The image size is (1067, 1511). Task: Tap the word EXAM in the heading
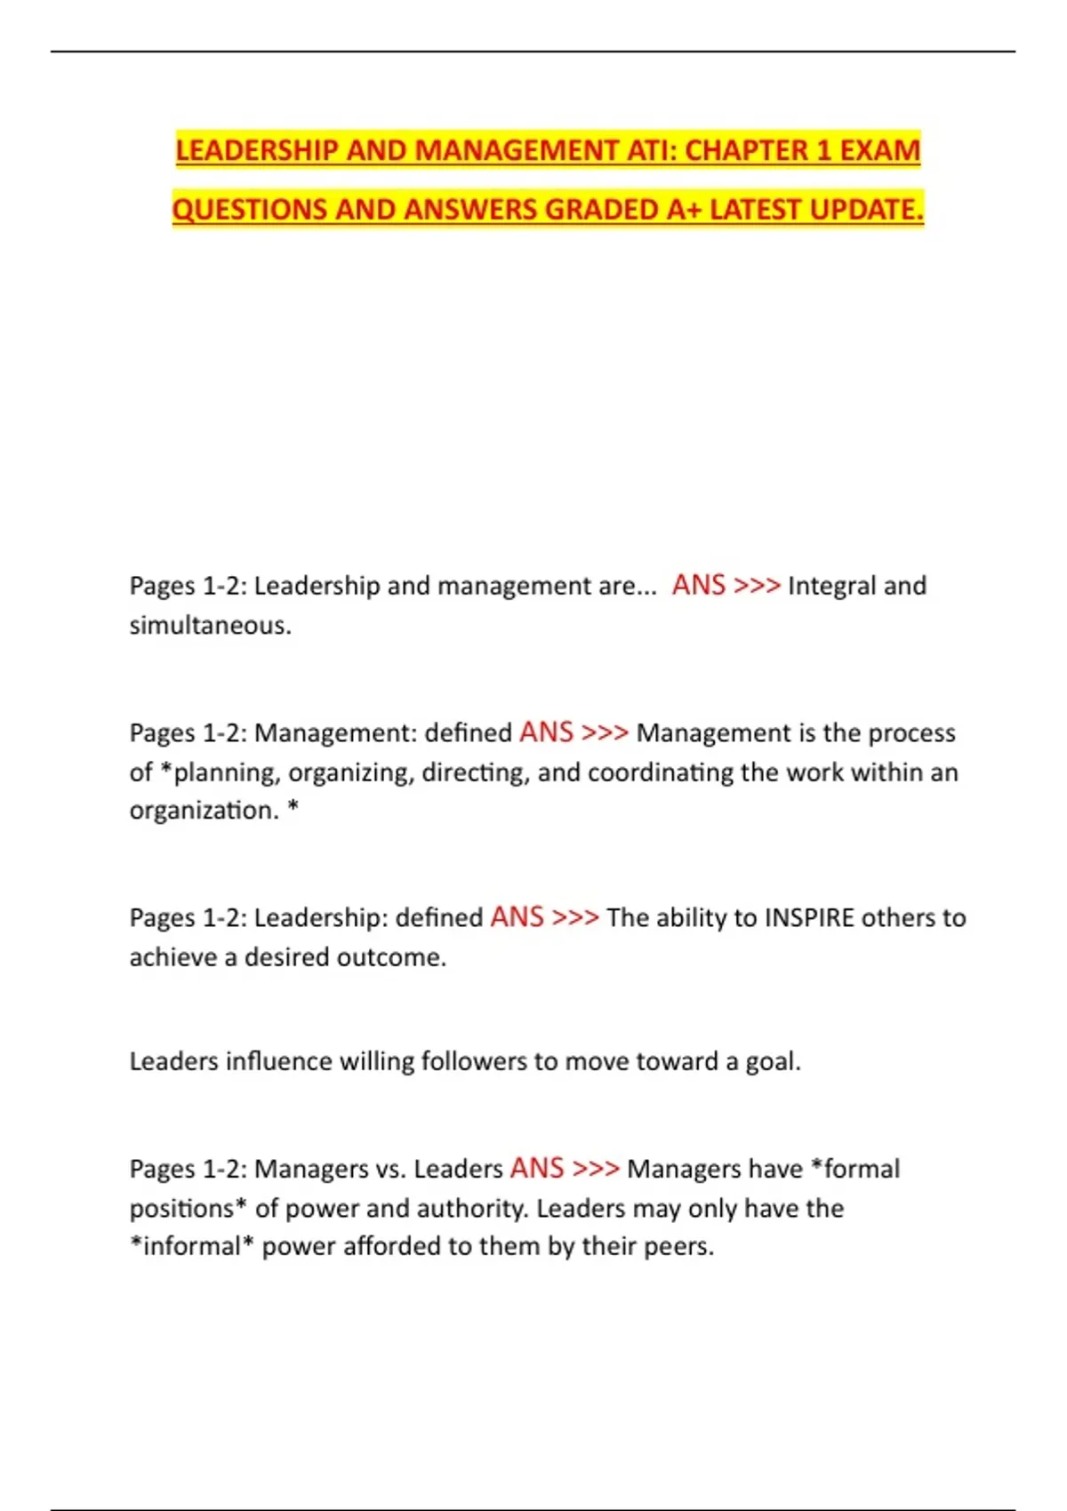(x=879, y=150)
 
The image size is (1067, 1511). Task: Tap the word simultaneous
(x=209, y=626)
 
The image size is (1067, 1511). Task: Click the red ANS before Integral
(x=699, y=585)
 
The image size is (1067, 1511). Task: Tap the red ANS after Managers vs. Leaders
(x=537, y=1168)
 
